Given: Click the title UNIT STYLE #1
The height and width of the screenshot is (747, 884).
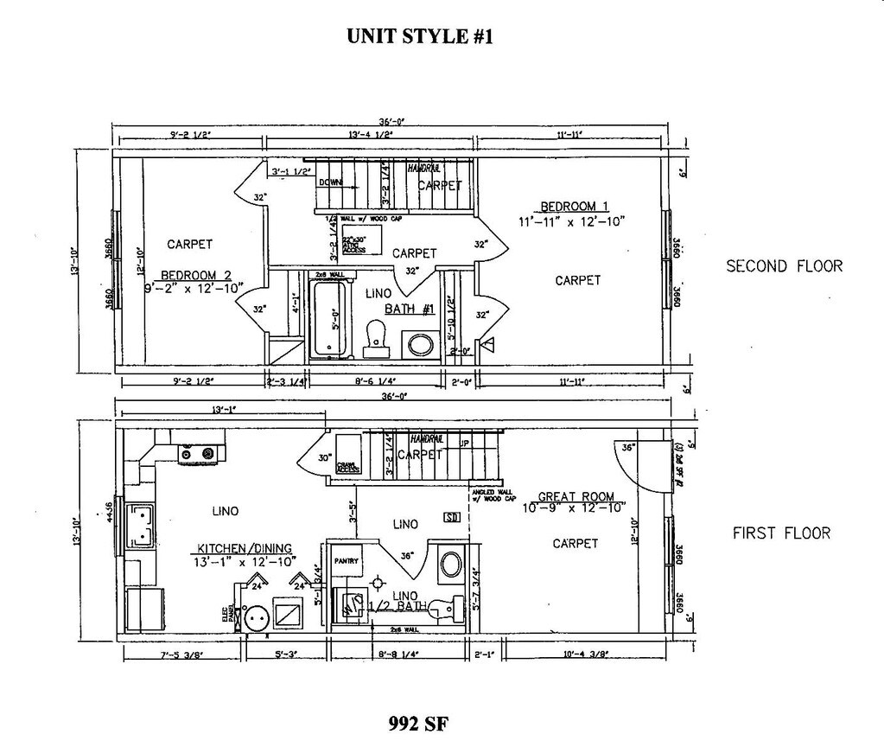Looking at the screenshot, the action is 420,36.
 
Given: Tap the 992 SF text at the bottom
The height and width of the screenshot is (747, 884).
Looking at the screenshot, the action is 419,723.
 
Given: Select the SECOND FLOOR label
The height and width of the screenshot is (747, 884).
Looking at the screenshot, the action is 784,266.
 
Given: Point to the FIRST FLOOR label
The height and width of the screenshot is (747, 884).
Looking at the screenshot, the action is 781,533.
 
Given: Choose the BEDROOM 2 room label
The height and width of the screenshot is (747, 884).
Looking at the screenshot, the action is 195,276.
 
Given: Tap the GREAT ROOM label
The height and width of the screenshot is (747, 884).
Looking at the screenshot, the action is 576,497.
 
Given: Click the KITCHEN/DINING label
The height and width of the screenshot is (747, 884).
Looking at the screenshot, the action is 245,548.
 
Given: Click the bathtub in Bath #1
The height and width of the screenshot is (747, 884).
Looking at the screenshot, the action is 328,319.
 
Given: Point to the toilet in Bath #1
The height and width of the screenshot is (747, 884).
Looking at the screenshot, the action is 376,338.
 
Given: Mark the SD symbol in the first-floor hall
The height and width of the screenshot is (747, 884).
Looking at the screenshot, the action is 451,518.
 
